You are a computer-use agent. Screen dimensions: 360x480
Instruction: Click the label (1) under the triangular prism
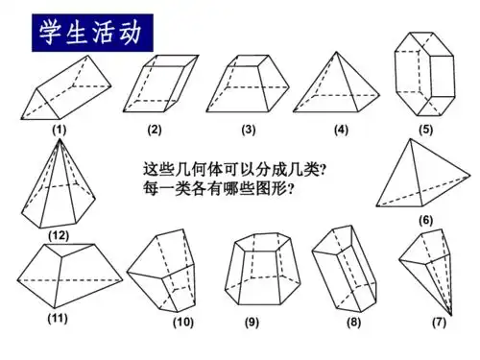click(59, 129)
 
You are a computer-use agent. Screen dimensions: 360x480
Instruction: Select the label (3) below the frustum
click(248, 129)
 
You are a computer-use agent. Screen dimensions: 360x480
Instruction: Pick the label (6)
click(425, 220)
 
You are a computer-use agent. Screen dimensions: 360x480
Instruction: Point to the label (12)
click(60, 233)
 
